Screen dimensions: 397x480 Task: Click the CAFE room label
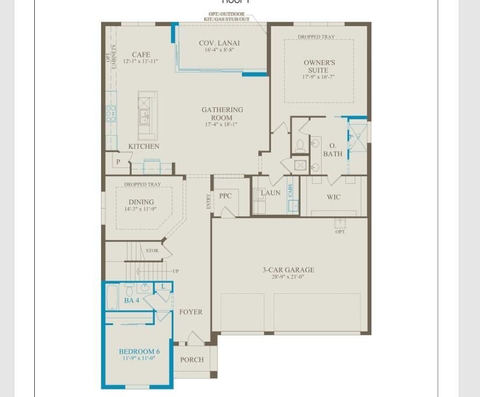click(141, 55)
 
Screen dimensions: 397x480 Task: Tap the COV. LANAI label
click(219, 43)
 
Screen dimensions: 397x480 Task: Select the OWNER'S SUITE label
click(319, 66)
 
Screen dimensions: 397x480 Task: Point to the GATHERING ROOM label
click(222, 114)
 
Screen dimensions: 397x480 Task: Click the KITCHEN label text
click(143, 147)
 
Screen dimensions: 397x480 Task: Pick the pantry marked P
click(118, 162)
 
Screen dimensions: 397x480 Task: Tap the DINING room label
click(141, 202)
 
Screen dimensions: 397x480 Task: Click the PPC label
click(225, 196)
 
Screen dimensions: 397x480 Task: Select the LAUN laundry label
click(270, 193)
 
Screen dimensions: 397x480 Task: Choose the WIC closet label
click(333, 197)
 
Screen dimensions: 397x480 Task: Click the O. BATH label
click(333, 150)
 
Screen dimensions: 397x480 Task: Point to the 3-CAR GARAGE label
click(288, 270)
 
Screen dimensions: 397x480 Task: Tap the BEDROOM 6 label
click(139, 352)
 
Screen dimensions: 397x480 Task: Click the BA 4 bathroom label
click(132, 301)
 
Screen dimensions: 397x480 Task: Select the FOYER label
click(190, 312)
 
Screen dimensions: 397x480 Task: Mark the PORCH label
click(192, 360)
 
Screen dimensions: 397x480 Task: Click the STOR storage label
click(152, 251)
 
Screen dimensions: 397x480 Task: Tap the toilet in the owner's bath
click(300, 145)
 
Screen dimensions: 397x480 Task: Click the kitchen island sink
click(143, 119)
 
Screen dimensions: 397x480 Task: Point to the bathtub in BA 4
click(113, 297)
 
